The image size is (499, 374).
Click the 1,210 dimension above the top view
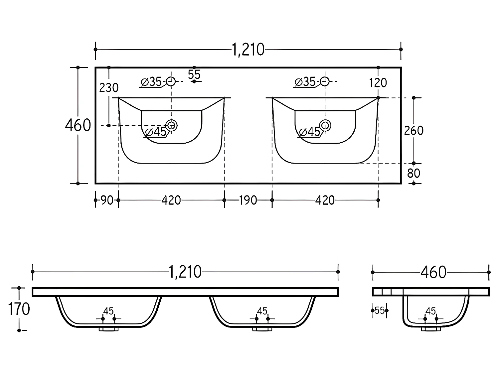pyautogui.click(x=248, y=50)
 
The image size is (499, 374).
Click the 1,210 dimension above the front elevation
pyautogui.click(x=185, y=272)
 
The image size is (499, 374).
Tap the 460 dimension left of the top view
pyautogui.click(x=78, y=125)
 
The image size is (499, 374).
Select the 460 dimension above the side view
pyautogui.click(x=433, y=272)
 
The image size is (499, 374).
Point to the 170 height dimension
pyautogui.click(x=19, y=309)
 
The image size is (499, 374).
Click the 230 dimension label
pyautogui.click(x=109, y=88)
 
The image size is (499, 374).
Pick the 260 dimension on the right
pyautogui.click(x=414, y=131)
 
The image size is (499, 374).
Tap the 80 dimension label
pyautogui.click(x=414, y=173)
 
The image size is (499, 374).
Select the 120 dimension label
pyautogui.click(x=378, y=83)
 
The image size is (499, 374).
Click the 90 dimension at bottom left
pyautogui.click(x=107, y=200)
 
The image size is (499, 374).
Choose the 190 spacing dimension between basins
pyautogui.click(x=248, y=200)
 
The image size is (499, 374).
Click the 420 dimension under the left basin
pyautogui.click(x=171, y=200)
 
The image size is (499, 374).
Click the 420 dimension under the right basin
pyautogui.click(x=325, y=200)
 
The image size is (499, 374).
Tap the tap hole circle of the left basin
pyautogui.click(x=171, y=81)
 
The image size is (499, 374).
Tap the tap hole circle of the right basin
pyautogui.click(x=325, y=81)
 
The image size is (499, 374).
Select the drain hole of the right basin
pyautogui.click(x=325, y=125)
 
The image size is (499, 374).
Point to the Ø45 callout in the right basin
pyautogui.click(x=309, y=132)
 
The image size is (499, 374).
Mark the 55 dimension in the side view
pyautogui.click(x=380, y=311)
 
